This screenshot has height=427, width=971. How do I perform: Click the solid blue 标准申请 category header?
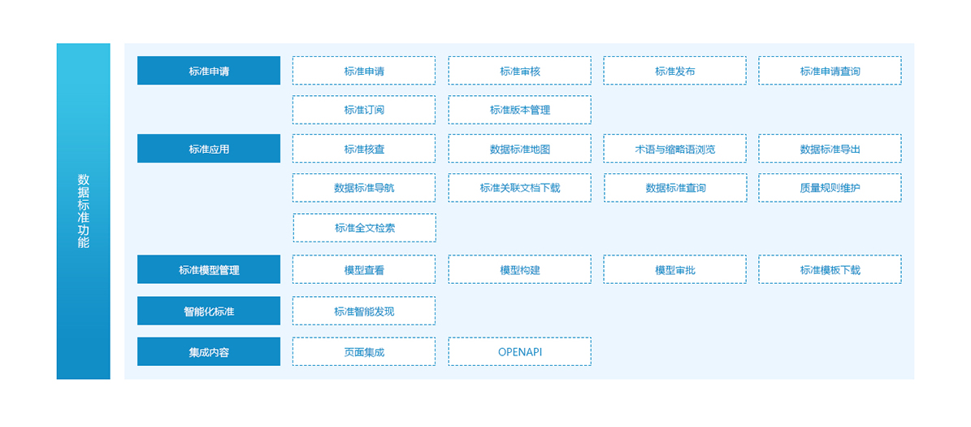(x=209, y=71)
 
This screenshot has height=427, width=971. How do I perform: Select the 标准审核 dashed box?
(x=519, y=71)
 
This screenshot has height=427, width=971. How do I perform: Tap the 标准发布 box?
(x=675, y=71)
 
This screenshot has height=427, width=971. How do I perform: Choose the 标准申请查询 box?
(x=830, y=71)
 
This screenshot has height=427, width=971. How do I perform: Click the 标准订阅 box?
(x=364, y=110)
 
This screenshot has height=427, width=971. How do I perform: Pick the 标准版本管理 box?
(x=519, y=110)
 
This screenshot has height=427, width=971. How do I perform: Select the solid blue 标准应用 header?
(x=209, y=149)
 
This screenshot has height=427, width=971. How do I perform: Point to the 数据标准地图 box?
(x=519, y=149)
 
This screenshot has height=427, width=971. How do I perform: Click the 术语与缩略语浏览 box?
(x=675, y=149)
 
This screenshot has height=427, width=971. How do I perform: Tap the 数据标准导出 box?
(x=830, y=149)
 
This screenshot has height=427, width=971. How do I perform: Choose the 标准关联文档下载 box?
(x=519, y=188)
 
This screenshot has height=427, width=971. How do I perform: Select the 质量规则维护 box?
(x=830, y=188)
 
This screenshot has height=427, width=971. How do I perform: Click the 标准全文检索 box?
(x=365, y=228)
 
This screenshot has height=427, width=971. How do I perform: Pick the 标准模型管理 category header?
(x=209, y=269)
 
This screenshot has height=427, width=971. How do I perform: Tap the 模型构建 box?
(x=519, y=269)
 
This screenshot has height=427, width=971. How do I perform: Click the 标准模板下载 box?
(x=830, y=269)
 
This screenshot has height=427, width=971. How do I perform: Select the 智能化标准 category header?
(x=209, y=311)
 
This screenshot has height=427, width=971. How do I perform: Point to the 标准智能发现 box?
(x=364, y=311)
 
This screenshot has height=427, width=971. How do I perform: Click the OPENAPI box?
(x=519, y=351)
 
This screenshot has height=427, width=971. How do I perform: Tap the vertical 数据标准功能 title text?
(x=84, y=211)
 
